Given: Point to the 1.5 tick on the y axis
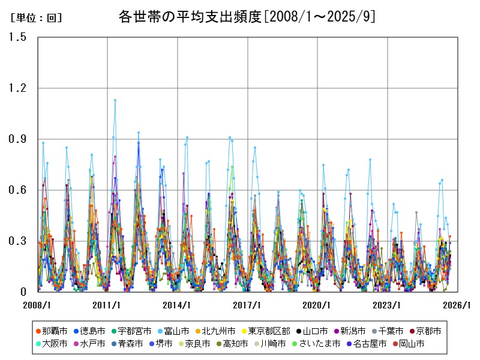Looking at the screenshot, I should [x=18, y=37].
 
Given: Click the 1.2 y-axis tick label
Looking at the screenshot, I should [x=18, y=88].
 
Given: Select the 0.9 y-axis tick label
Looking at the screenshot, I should [x=18, y=139].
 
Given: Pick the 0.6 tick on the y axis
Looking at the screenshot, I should [x=18, y=190].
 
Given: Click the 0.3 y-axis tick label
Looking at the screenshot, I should [x=18, y=241].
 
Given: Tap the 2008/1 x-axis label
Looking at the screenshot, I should [x=37, y=305].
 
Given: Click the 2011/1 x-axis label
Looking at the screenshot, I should [x=107, y=305].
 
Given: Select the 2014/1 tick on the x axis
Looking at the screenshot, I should [x=178, y=305].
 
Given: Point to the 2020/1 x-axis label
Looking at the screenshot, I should [x=317, y=305].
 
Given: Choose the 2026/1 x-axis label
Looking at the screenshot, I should [x=458, y=305].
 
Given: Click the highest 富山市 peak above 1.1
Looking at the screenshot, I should [x=115, y=100].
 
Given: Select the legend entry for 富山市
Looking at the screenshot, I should [x=174, y=331].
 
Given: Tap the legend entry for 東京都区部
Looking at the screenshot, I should [x=267, y=331].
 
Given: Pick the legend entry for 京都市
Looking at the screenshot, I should [x=425, y=331].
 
